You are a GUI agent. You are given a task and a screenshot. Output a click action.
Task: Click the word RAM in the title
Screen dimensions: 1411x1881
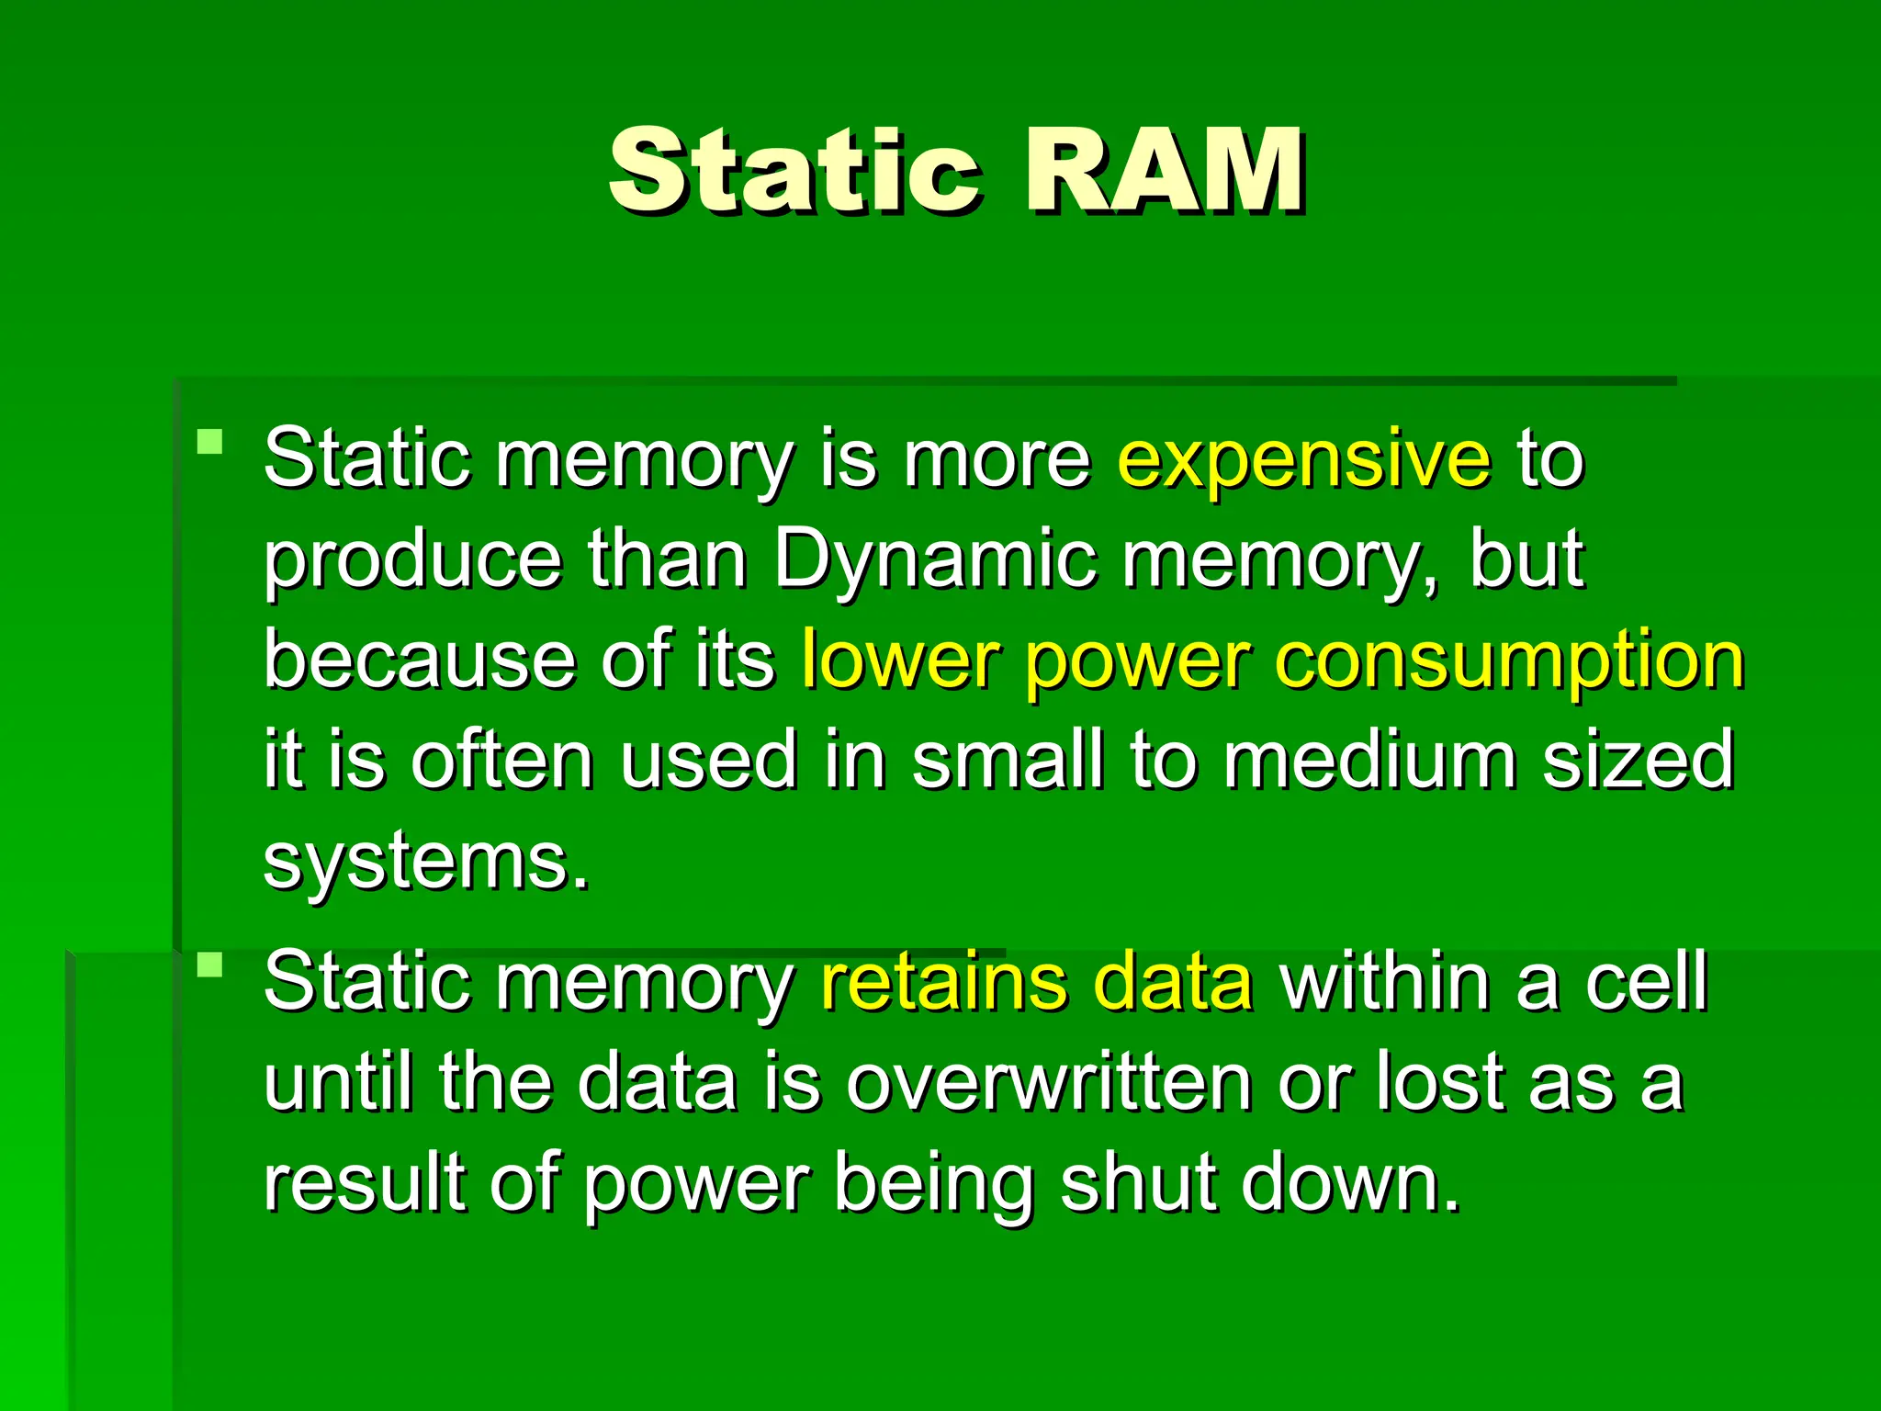(1164, 172)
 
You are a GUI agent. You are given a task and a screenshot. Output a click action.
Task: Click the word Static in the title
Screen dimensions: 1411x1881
(794, 172)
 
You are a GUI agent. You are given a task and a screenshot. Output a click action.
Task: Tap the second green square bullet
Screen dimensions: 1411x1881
(210, 965)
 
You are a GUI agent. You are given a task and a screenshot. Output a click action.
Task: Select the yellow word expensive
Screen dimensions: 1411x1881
(1304, 459)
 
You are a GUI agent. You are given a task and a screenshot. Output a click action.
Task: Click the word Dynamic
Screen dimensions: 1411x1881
(934, 560)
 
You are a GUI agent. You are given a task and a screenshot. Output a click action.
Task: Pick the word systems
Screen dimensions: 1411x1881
(425, 864)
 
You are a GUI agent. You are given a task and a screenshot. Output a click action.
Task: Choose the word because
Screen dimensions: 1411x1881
(418, 661)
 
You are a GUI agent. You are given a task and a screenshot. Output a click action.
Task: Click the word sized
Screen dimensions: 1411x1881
(1639, 761)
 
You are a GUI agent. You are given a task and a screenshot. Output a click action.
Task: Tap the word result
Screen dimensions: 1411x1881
(365, 1183)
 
